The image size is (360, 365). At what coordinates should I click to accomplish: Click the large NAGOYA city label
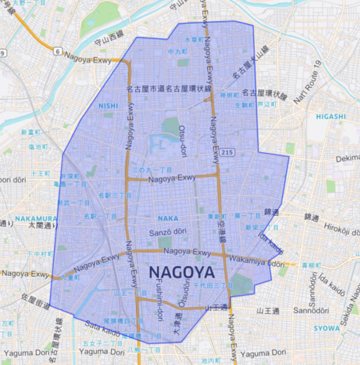pos(182,272)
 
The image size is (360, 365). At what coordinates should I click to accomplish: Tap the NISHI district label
pos(108,105)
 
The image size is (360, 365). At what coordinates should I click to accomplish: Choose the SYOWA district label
pos(328,328)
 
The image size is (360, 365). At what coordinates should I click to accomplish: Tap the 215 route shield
pos(228,152)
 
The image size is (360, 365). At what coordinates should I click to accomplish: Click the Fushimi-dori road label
pos(159,300)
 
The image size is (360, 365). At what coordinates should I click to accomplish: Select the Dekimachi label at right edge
pos(347,158)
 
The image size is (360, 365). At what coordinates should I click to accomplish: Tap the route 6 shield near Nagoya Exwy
pos(57,52)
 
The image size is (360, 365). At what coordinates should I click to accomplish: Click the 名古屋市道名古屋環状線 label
pos(169,89)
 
